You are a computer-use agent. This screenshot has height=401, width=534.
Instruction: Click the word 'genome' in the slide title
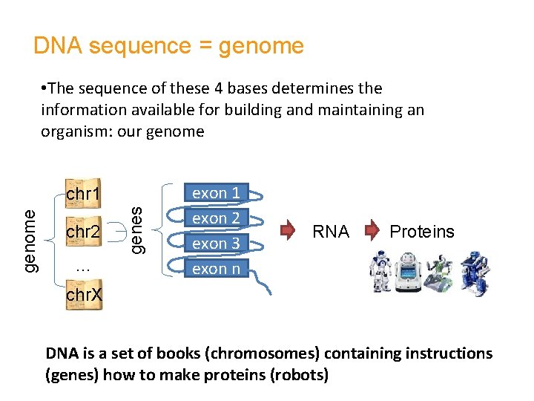[261, 46]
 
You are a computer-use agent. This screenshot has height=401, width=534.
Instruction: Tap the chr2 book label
[84, 232]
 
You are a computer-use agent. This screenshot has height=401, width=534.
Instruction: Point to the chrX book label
[84, 295]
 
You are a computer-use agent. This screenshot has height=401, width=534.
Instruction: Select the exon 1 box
[216, 193]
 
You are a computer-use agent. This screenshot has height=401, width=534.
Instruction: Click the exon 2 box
[216, 218]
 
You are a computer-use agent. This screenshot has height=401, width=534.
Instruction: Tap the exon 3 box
[216, 244]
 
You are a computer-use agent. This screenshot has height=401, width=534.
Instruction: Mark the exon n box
[216, 269]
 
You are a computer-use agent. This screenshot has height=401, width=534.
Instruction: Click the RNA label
[331, 232]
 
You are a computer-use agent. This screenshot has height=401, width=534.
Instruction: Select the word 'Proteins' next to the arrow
[422, 232]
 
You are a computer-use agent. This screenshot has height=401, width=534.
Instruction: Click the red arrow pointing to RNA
[291, 231]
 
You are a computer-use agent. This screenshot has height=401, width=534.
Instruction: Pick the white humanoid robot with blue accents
[380, 273]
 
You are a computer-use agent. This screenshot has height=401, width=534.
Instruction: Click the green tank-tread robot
[438, 273]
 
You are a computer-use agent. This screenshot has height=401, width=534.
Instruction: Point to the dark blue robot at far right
[472, 273]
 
